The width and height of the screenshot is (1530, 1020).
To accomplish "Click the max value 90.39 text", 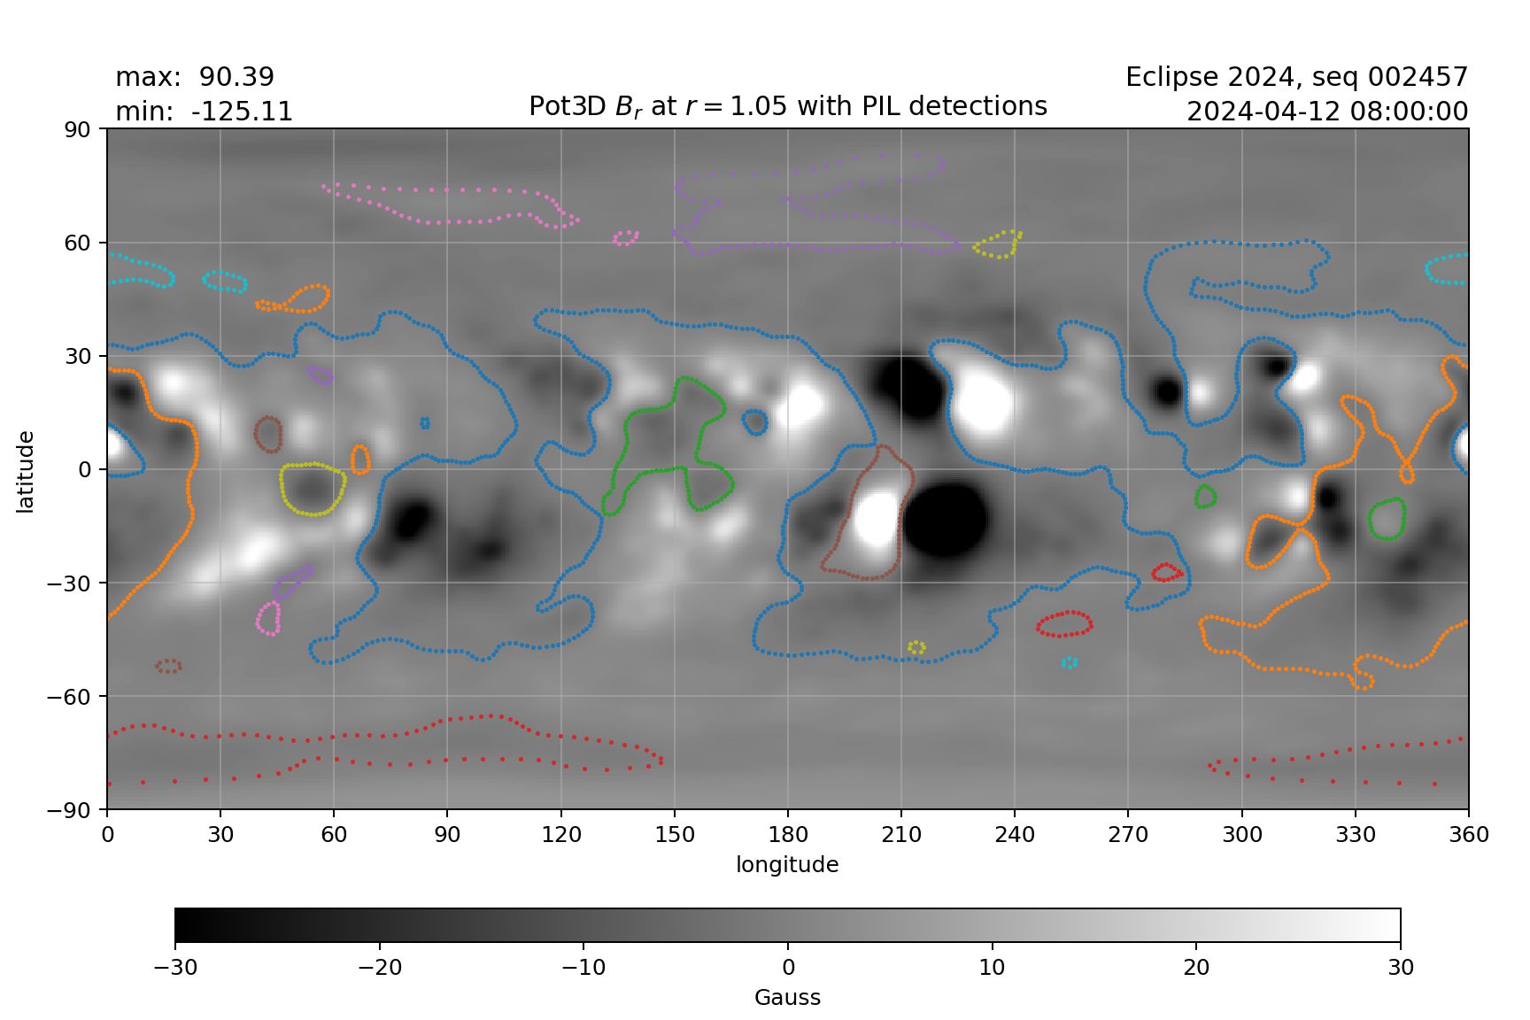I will (236, 77).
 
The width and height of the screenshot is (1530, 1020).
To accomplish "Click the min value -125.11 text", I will (242, 112).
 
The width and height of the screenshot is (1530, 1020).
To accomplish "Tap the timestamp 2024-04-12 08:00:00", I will (1326, 112).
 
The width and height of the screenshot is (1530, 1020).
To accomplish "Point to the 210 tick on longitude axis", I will (901, 834).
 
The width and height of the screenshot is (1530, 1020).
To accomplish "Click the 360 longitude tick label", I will (1469, 834).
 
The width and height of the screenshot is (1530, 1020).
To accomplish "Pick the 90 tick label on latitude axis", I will (78, 129).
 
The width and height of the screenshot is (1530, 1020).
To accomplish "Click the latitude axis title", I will (25, 471).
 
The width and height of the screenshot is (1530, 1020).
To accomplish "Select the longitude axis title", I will (787, 864).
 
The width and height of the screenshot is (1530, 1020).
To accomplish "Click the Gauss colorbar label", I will (787, 997).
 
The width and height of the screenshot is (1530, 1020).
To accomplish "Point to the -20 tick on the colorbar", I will (379, 967).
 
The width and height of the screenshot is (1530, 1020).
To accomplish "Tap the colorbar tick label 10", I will (992, 967).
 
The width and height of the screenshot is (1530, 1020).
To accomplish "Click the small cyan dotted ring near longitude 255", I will (1070, 661).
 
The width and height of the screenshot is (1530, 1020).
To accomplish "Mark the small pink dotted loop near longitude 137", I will (626, 237).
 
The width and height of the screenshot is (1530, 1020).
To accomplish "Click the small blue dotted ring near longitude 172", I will (755, 422).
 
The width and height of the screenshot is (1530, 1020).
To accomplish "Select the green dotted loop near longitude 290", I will (1205, 496).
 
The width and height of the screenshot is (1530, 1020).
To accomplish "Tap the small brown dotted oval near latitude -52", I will (168, 666).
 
